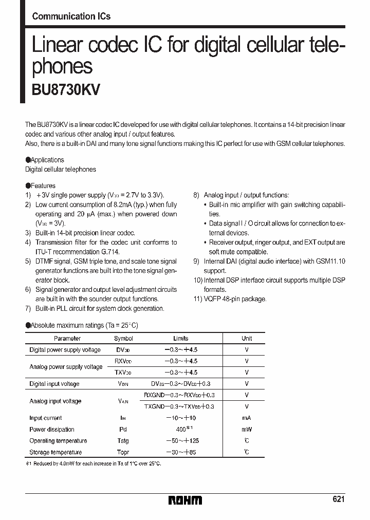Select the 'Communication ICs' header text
71,16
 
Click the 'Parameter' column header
67,339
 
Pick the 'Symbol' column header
123,339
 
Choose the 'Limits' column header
181,339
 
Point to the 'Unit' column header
247,339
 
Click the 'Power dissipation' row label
52,430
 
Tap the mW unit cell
247,430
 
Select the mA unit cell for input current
247,418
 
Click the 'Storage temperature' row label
55,452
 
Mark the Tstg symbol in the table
123,441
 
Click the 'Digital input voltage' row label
54,384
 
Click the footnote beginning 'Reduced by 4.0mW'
93,463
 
